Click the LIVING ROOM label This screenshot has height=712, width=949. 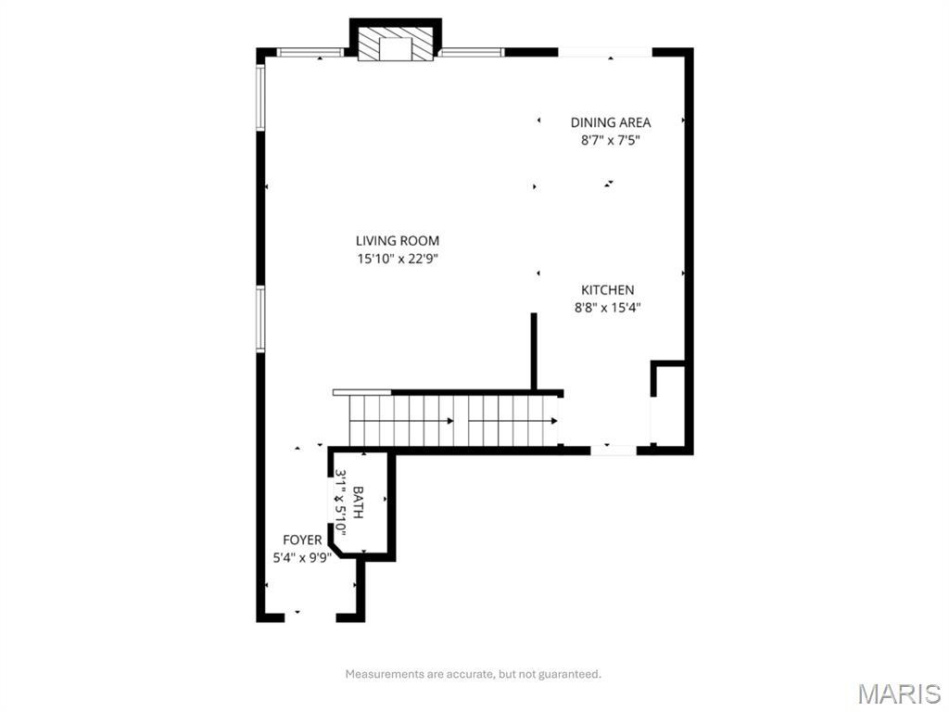coord(397,241)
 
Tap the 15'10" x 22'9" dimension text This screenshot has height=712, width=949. coord(397,260)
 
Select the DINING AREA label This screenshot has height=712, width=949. coord(610,122)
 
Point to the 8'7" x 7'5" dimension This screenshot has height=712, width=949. coord(610,141)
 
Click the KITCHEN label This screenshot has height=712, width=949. coord(607,290)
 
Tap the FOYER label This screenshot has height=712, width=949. coord(302,540)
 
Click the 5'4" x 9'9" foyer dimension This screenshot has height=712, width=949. coord(302,558)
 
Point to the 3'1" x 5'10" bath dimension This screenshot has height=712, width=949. coord(340,502)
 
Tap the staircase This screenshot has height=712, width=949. coord(454,421)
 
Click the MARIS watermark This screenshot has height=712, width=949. coord(898,693)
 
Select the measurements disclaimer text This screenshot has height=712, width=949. coord(473,674)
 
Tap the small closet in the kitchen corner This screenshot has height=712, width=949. coord(670,406)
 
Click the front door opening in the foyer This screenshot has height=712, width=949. coord(310,616)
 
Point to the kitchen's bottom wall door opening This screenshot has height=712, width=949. coord(614,450)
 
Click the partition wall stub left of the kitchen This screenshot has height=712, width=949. coord(534,352)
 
